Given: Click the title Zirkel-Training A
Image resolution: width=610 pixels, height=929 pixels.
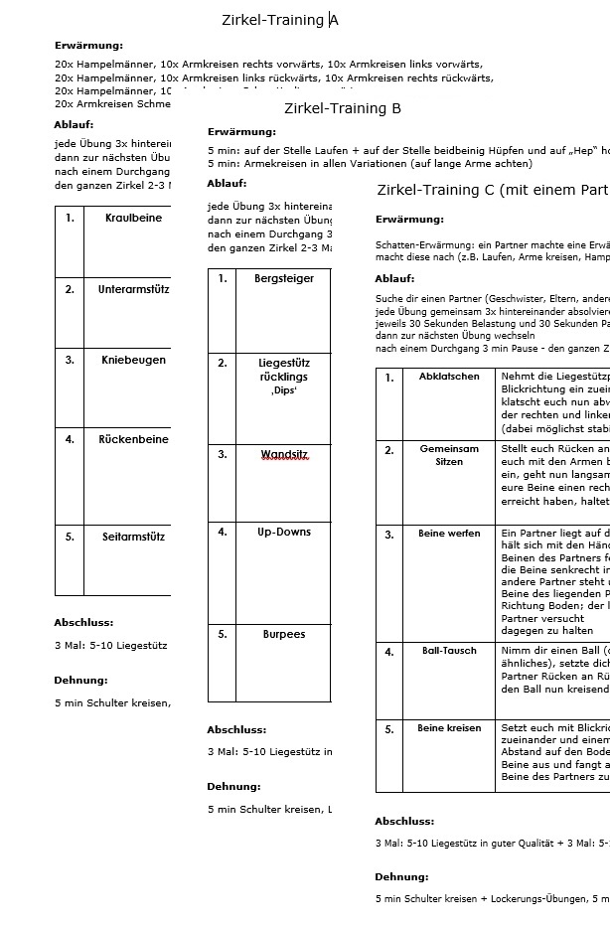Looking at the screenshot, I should pos(279,20).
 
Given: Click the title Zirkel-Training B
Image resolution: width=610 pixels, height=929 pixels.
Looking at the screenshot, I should pos(342,108).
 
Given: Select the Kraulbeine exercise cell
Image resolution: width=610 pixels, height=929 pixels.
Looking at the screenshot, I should pos(133,219).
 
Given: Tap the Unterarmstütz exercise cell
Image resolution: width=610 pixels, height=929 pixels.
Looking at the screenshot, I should pos(133,290).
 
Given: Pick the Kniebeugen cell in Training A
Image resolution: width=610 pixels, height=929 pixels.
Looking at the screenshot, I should pos(133,361).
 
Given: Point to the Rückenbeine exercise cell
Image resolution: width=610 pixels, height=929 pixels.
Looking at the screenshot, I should pos(133,439).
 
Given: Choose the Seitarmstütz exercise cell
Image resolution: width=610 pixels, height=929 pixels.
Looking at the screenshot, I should pos(133,538).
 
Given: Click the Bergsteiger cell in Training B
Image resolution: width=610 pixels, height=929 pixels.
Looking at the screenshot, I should pos(284,279).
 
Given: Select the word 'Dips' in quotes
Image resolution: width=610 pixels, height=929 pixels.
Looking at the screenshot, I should pos(284,391).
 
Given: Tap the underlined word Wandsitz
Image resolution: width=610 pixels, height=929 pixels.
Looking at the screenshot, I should pos(284,455).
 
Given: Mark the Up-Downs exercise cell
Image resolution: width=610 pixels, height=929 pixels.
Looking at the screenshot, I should pos(284,533).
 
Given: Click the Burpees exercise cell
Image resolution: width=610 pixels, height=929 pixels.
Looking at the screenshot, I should pos(284,634).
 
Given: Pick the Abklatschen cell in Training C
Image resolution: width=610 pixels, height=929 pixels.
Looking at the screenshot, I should pos(449,377).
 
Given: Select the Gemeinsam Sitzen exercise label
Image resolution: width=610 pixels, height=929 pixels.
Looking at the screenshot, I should pos(449,456).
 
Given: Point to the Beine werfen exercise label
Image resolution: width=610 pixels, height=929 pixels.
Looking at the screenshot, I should pos(449,534).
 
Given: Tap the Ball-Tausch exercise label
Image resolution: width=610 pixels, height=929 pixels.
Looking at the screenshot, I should pos(449,652).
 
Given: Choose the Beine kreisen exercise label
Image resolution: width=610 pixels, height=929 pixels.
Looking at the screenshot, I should pos(449,728).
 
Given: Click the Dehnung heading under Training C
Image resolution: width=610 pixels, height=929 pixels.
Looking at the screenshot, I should pos(401,877).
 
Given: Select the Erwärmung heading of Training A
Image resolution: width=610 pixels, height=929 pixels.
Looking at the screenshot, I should pos(89,45).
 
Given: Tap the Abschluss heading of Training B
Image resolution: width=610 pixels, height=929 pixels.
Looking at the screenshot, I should pos(236,730).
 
